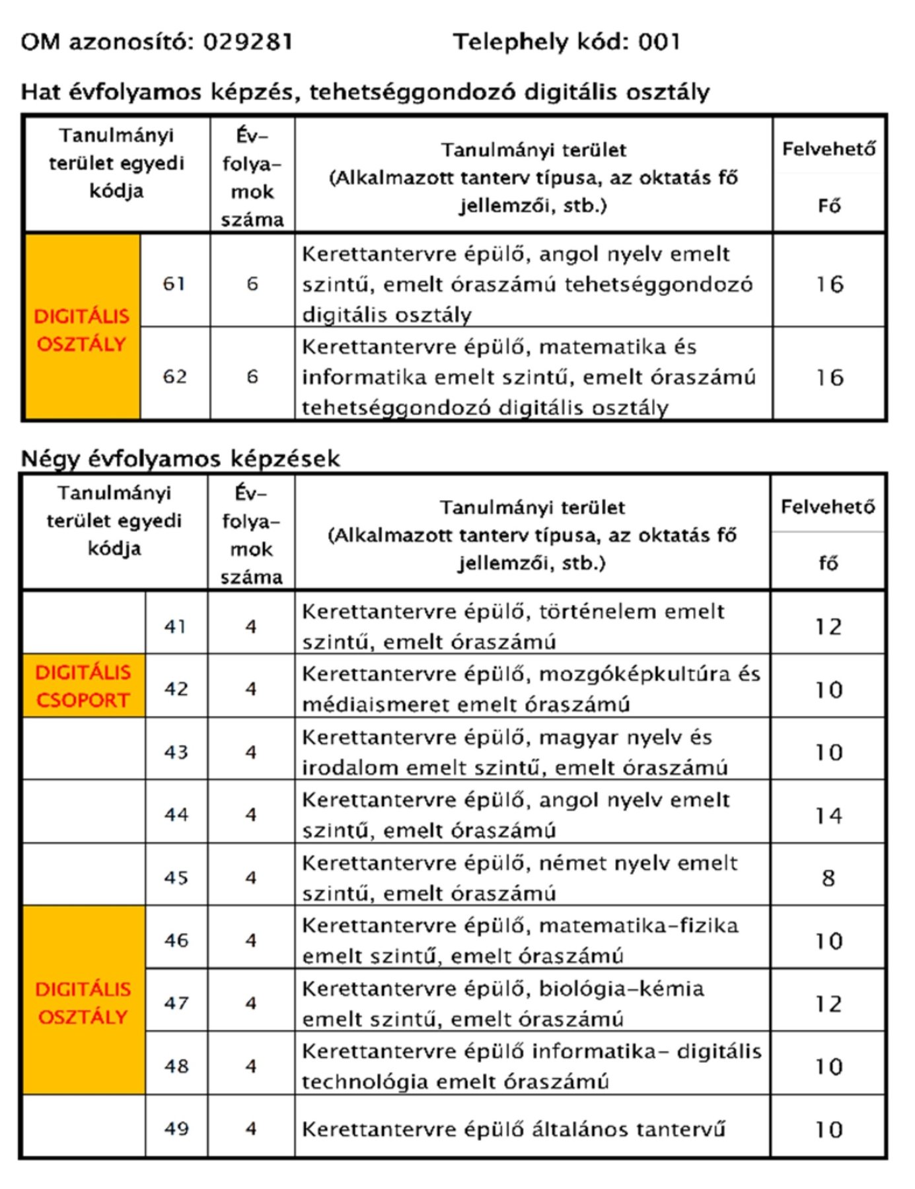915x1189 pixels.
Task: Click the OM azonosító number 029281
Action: pyautogui.click(x=247, y=42)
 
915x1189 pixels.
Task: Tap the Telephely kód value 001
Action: pyautogui.click(x=659, y=42)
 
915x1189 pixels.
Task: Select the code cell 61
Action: pyautogui.click(x=174, y=283)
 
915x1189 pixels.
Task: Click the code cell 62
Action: pyautogui.click(x=174, y=377)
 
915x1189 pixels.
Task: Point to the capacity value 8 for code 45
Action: pyautogui.click(x=828, y=878)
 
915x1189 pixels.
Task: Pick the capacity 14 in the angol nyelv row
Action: pyautogui.click(x=828, y=816)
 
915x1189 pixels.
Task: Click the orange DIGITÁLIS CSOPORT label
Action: pyautogui.click(x=83, y=686)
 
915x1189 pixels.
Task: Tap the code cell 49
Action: pyautogui.click(x=176, y=1129)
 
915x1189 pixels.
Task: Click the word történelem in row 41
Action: pyautogui.click(x=598, y=612)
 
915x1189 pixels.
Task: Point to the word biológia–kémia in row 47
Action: pyautogui.click(x=621, y=989)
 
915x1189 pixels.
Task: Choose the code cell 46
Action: pyautogui.click(x=176, y=940)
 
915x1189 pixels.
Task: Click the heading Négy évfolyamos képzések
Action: pyautogui.click(x=180, y=458)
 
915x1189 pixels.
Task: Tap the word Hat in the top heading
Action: pyautogui.click(x=40, y=92)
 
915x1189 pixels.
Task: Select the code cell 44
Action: pyautogui.click(x=176, y=814)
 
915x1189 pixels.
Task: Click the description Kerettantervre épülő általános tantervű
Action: pyautogui.click(x=513, y=1129)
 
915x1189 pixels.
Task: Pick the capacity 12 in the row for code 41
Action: pyautogui.click(x=828, y=626)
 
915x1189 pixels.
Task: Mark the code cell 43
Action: pyautogui.click(x=176, y=752)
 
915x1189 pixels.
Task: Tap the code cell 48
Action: pyautogui.click(x=176, y=1066)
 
